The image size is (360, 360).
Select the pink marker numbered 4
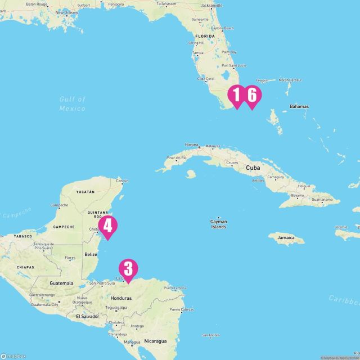107,226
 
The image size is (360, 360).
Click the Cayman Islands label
218,224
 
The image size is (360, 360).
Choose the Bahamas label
299,106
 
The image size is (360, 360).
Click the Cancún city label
122,181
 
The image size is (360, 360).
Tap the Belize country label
91,254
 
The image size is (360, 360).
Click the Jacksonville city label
211,4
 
